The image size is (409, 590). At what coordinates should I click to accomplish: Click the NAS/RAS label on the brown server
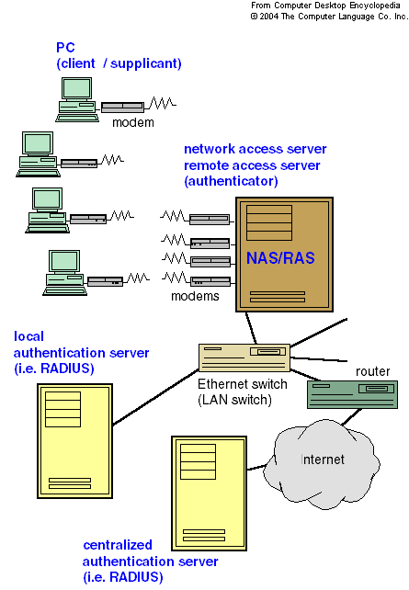pyautogui.click(x=280, y=258)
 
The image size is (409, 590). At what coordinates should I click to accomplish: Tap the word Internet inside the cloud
pyautogui.click(x=323, y=460)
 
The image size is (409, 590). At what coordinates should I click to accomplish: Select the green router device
pyautogui.click(x=352, y=394)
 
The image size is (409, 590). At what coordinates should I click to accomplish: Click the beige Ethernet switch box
pyautogui.click(x=244, y=357)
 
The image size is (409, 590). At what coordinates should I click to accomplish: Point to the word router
pyautogui.click(x=372, y=371)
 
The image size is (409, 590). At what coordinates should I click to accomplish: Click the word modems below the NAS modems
pyautogui.click(x=195, y=296)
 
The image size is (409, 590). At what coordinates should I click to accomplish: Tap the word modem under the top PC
pyautogui.click(x=133, y=122)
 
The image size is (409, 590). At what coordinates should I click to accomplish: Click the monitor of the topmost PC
pyautogui.click(x=77, y=89)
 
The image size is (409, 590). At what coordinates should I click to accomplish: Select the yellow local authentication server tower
pyautogui.click(x=74, y=441)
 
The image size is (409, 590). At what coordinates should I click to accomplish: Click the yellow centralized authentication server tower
pyautogui.click(x=210, y=494)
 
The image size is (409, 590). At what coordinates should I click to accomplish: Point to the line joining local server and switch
pyautogui.click(x=155, y=397)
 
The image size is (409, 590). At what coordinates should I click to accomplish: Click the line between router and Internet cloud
pyautogui.click(x=352, y=417)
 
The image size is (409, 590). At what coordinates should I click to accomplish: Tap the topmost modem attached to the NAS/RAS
pyautogui.click(x=210, y=219)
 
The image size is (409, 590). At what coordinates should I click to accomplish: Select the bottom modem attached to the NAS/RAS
pyautogui.click(x=210, y=281)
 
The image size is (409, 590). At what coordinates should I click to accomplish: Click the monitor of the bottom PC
pyautogui.click(x=64, y=262)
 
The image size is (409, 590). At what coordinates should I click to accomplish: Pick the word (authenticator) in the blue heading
pyautogui.click(x=231, y=181)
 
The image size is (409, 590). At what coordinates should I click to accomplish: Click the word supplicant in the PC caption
pyautogui.click(x=146, y=63)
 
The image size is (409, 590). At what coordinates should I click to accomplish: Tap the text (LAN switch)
pyautogui.click(x=234, y=400)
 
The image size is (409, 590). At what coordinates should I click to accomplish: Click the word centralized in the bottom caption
pyautogui.click(x=118, y=545)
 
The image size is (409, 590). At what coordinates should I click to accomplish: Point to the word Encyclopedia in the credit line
pyautogui.click(x=375, y=6)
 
